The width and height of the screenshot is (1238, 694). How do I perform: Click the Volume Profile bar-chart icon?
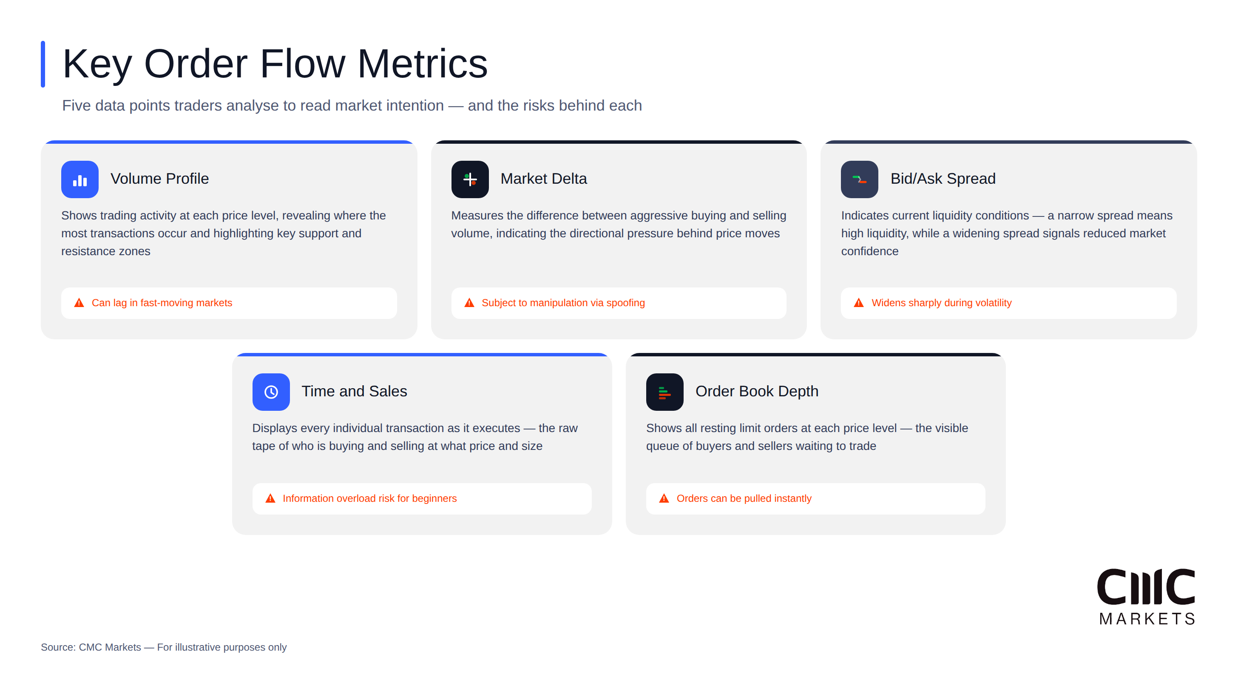coord(80,179)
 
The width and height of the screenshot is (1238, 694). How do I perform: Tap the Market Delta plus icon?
coord(469,179)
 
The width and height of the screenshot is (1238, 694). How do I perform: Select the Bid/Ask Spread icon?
coord(859,179)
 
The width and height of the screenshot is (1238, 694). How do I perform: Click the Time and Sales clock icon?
coord(271,392)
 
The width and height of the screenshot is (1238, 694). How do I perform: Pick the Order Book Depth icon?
coord(664,392)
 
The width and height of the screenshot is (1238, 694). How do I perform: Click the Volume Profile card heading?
coord(159,179)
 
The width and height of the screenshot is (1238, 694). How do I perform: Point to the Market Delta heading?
coord(544,179)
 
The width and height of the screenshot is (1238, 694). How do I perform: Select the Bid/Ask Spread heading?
coord(943,179)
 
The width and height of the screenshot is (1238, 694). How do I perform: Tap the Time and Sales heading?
coord(354,391)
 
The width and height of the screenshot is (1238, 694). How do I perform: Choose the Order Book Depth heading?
coord(757,391)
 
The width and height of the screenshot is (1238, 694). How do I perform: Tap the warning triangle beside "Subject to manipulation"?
coord(469,303)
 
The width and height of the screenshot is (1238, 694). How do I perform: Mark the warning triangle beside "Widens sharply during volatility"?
coord(859,303)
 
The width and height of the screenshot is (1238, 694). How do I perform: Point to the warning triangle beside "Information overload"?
coord(270,498)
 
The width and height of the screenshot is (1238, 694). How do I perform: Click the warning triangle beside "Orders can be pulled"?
coord(664,498)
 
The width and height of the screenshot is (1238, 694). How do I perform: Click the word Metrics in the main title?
coord(423,64)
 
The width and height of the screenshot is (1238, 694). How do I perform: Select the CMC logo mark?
coord(1146,587)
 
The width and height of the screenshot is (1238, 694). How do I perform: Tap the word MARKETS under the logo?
coord(1147,619)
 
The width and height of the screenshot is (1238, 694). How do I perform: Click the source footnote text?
coord(163,647)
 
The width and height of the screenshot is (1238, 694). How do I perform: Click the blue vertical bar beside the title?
coord(43,64)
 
